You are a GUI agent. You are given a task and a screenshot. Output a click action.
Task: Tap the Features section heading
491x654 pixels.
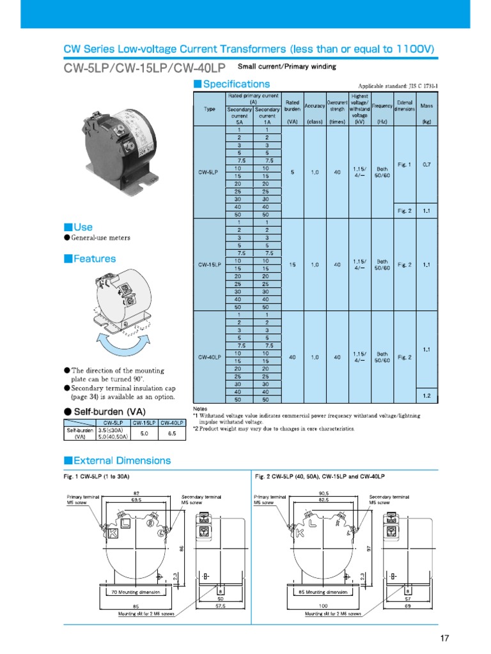[94, 259]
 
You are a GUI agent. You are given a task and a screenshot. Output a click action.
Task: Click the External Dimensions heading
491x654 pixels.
[122, 460]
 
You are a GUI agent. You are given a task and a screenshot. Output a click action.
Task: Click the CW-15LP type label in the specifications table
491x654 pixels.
[209, 264]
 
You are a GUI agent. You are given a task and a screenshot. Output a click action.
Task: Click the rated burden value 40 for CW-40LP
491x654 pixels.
[292, 357]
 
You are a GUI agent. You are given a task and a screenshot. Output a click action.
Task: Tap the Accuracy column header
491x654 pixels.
[315, 105]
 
